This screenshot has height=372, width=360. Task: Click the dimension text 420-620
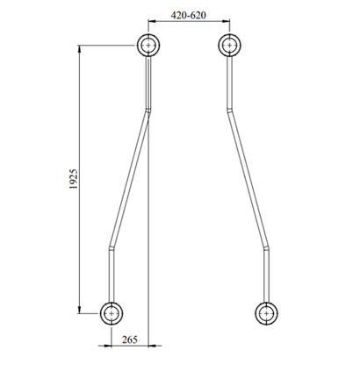pyautogui.click(x=189, y=15)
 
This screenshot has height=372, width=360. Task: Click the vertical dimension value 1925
pyautogui.click(x=74, y=179)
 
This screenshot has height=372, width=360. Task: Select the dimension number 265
pyautogui.click(x=130, y=340)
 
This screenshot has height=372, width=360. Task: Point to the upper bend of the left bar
pyautogui.click(x=148, y=111)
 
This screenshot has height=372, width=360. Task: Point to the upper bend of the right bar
pyautogui.click(x=230, y=111)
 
